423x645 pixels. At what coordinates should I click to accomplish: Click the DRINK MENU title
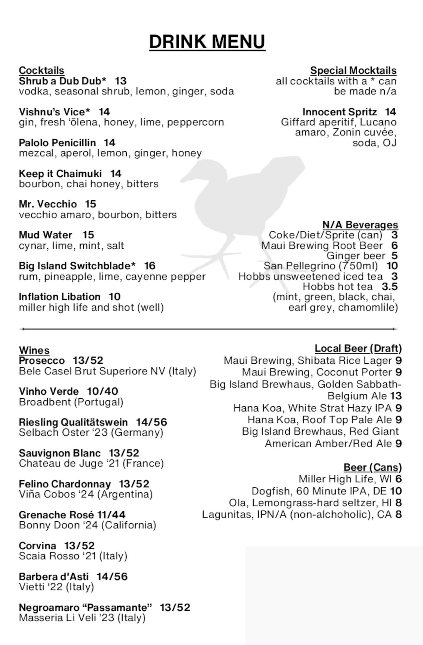(207, 42)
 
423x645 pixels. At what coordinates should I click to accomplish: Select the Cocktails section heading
(41, 70)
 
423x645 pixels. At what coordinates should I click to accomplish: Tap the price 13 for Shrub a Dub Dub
(121, 81)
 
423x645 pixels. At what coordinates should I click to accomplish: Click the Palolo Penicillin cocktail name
(57, 143)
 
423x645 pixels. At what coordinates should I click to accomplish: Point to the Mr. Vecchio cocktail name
(48, 204)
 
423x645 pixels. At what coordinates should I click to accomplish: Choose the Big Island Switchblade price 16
(150, 266)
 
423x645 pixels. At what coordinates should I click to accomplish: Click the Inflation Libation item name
(60, 297)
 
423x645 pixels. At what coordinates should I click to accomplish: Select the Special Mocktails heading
(353, 70)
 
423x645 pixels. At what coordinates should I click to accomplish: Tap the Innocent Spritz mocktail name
(340, 112)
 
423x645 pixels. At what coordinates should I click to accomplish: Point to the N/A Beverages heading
(360, 225)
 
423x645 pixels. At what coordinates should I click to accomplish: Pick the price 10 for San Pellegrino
(392, 266)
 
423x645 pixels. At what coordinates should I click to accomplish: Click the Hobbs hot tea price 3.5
(389, 287)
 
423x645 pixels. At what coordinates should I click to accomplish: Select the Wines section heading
(34, 350)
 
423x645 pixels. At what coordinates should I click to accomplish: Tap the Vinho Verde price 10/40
(102, 391)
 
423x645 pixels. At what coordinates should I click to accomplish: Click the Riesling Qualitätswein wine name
(73, 422)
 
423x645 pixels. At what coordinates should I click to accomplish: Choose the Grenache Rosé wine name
(56, 515)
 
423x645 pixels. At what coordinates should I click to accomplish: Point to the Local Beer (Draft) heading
(358, 348)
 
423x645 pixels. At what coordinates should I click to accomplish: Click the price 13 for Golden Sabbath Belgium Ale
(396, 396)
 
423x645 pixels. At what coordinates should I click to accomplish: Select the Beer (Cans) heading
(373, 468)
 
